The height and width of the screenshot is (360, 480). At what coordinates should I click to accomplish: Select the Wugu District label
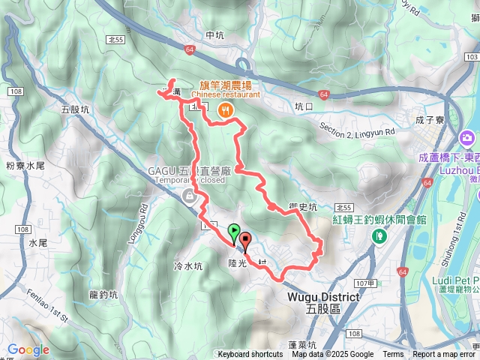(x=323, y=297)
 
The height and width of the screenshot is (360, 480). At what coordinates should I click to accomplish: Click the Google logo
(x=28, y=349)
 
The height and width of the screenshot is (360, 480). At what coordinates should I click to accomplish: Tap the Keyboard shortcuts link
(x=250, y=355)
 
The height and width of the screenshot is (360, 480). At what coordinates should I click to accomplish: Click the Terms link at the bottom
(x=392, y=355)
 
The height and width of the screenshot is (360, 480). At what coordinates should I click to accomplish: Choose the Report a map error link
(x=444, y=355)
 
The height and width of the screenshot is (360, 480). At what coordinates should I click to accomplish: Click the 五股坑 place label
(x=75, y=109)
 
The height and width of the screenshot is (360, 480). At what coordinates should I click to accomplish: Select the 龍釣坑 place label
(x=103, y=295)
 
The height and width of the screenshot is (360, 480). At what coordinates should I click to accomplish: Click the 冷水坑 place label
(x=188, y=266)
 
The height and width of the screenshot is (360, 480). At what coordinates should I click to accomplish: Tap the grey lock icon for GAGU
(x=189, y=197)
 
